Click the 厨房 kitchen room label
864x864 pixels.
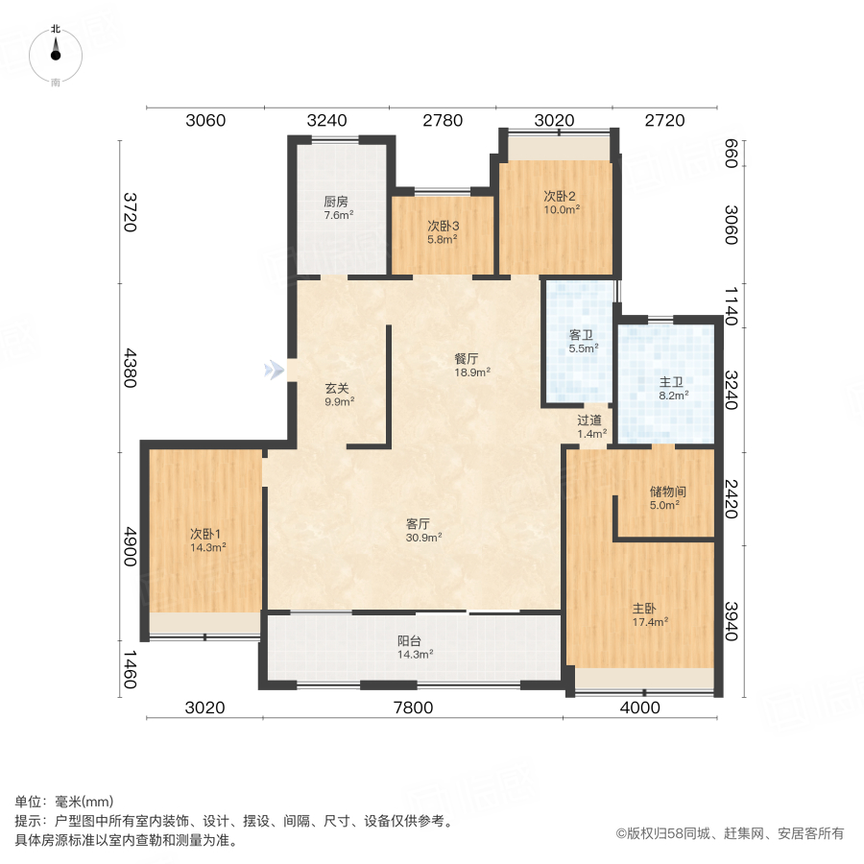coord(335,203)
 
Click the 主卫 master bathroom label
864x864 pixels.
coord(670,380)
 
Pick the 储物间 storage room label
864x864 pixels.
coord(667,491)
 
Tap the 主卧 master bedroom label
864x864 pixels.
coord(644,608)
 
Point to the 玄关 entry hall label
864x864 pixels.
coord(336,389)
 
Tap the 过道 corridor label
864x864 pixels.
coord(589,420)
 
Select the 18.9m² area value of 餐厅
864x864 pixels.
coord(472,372)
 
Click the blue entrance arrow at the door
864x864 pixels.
coord(276,370)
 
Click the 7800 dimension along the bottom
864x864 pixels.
coord(413,708)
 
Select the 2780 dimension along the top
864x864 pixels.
coord(442,121)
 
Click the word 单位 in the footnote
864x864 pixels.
coord(29,803)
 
